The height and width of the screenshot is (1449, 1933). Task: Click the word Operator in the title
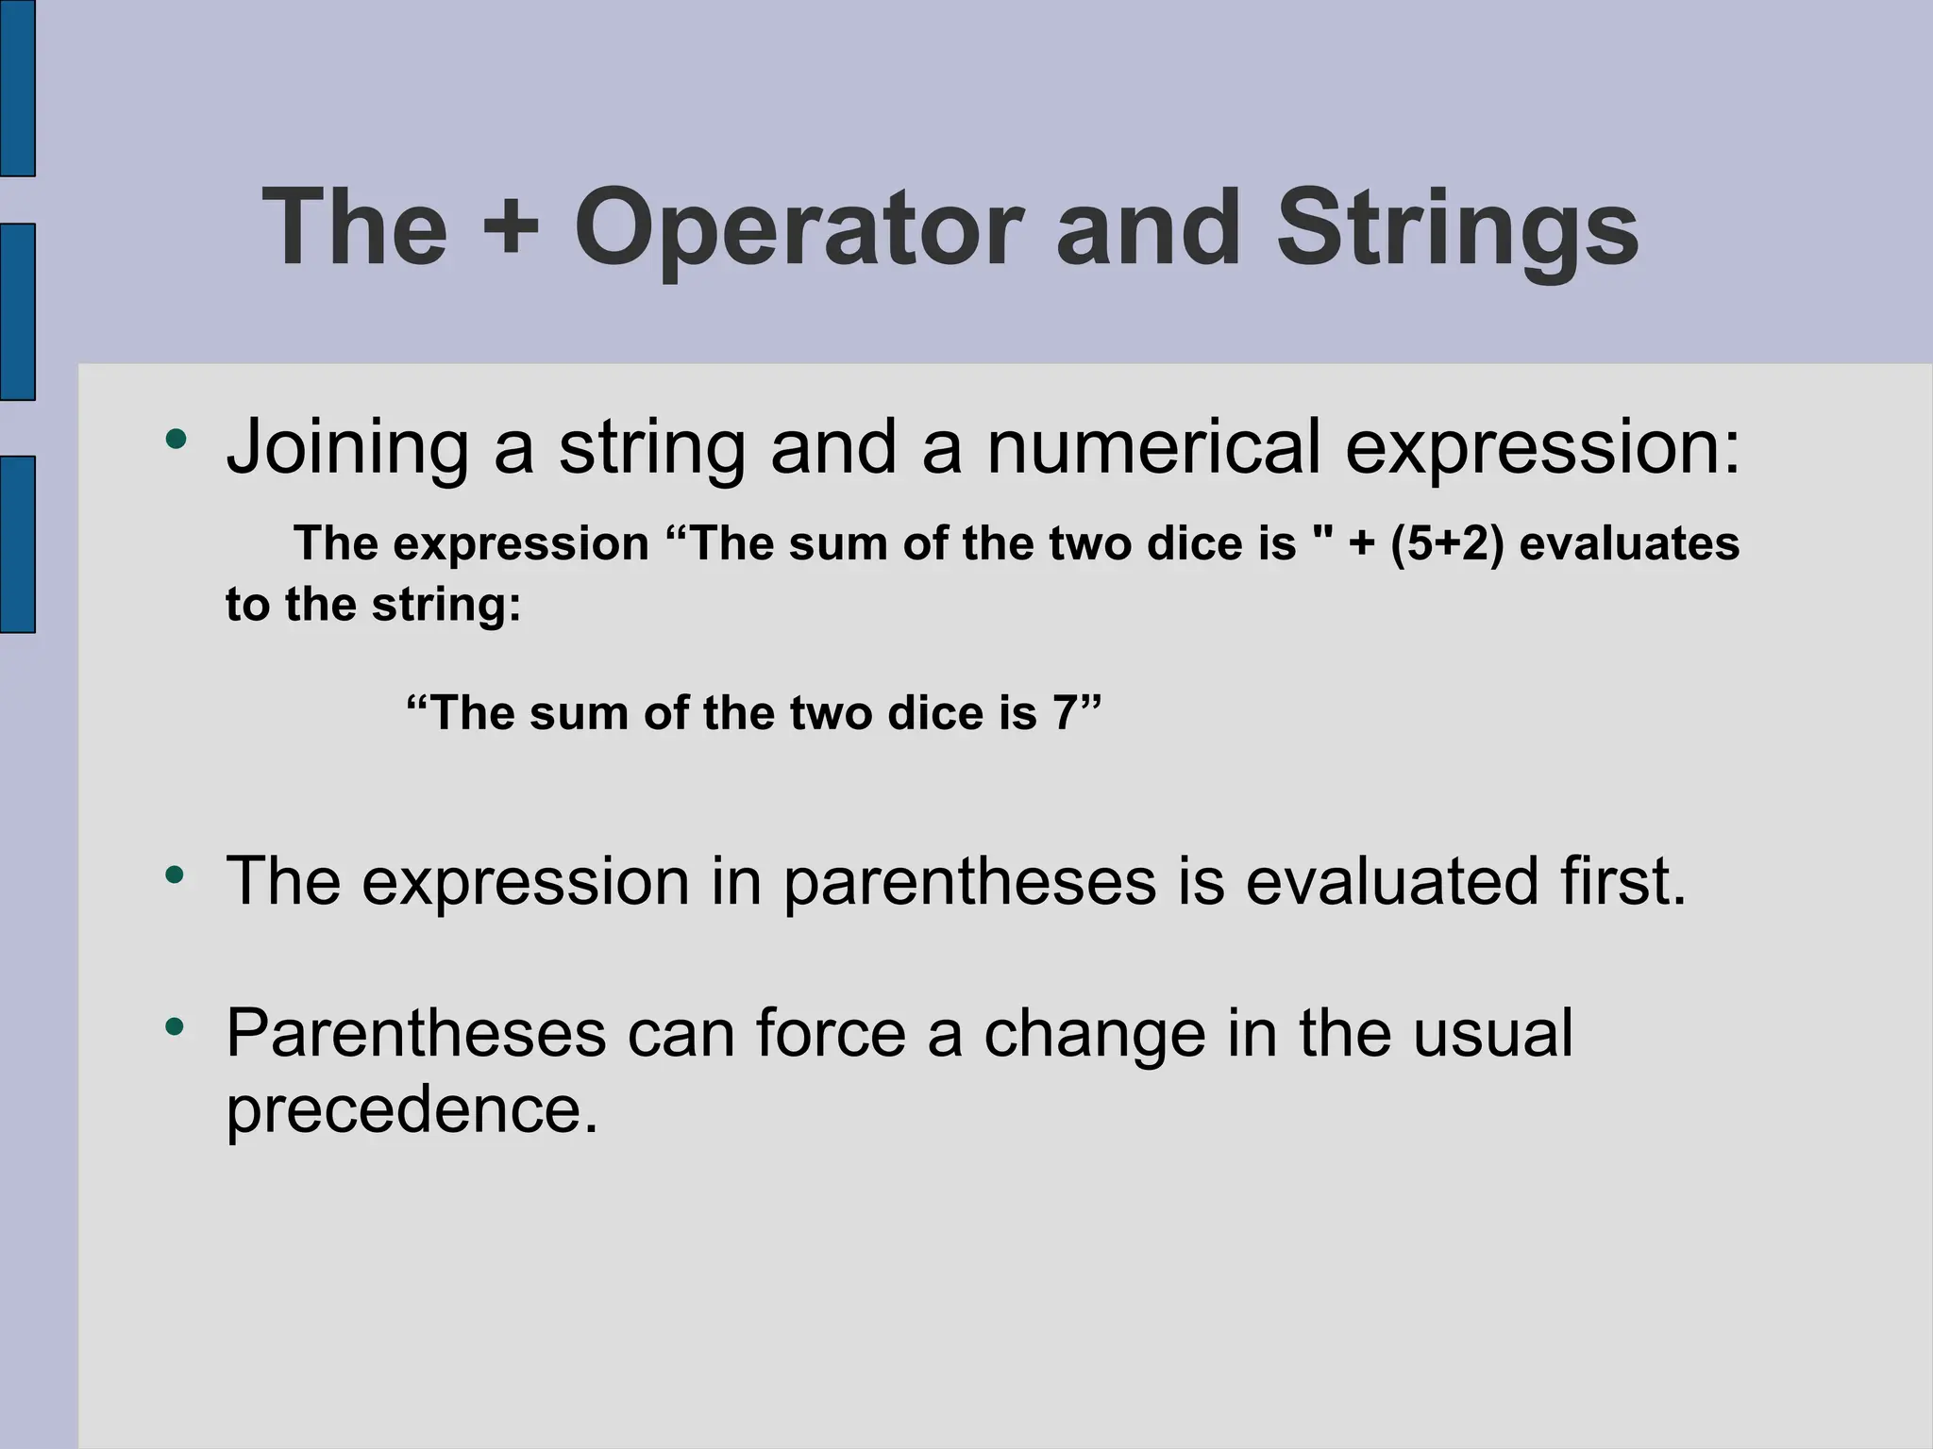(798, 230)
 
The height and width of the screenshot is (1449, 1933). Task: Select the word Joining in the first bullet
(346, 447)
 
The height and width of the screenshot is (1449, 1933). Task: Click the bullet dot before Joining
(175, 439)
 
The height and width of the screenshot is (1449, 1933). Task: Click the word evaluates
(1629, 544)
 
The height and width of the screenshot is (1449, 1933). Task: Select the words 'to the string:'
(373, 605)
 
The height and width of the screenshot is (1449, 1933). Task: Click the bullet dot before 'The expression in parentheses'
(175, 874)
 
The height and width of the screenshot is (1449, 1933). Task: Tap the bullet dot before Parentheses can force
(175, 1025)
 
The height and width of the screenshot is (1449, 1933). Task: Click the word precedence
(412, 1109)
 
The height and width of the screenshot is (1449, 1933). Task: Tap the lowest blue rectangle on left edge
(17, 543)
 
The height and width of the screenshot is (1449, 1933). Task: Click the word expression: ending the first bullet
(1541, 447)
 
